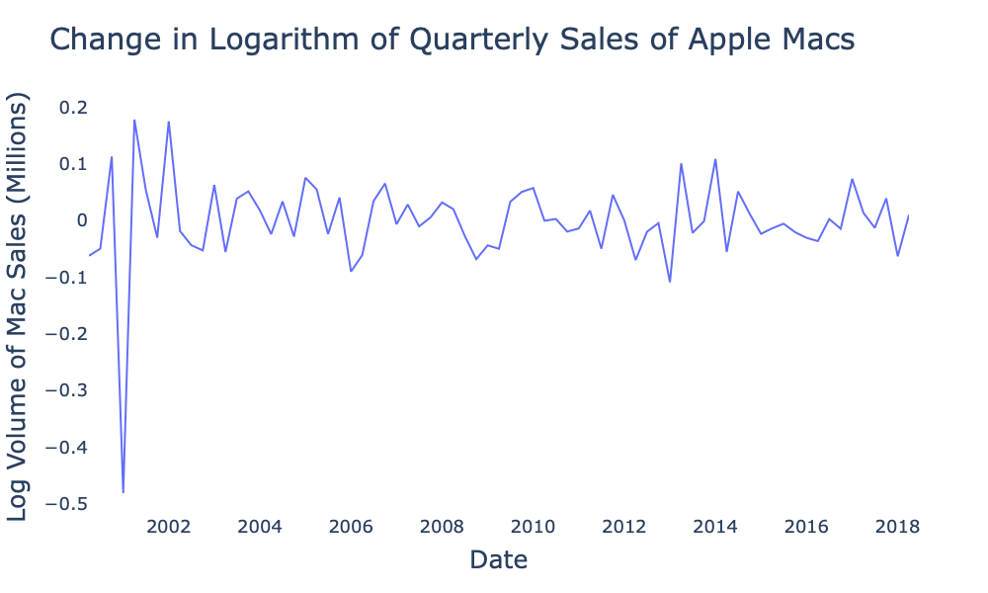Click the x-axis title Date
498,560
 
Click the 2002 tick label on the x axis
168,525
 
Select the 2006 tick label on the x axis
351,525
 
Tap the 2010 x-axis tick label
533,525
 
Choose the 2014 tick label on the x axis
715,525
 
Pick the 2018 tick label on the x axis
897,525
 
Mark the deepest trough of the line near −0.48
123,491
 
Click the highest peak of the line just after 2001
134,121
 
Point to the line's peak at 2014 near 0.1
715,159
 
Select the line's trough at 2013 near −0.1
670,282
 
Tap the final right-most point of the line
909,215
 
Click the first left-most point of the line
89,256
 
